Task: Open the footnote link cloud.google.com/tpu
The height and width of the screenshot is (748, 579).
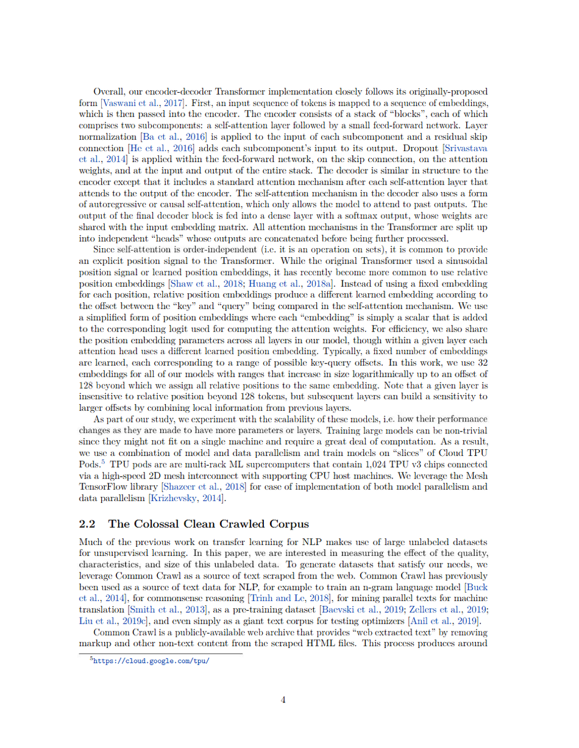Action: click(x=152, y=660)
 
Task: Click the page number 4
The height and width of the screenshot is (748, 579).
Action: click(x=283, y=700)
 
